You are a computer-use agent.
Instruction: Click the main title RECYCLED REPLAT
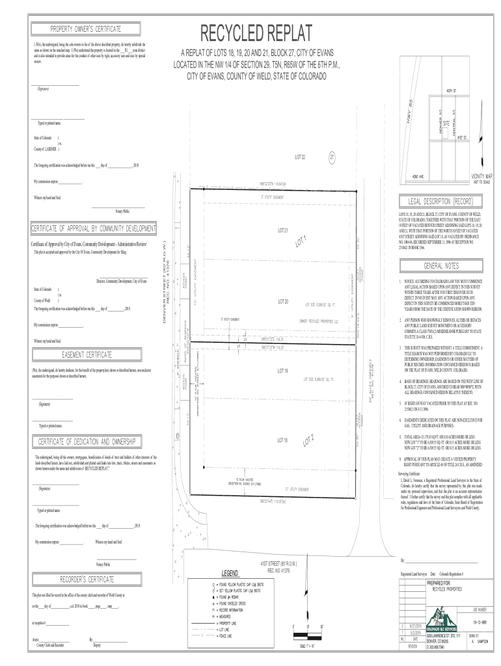tap(256, 33)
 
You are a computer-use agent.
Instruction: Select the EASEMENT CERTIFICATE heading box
tap(87, 354)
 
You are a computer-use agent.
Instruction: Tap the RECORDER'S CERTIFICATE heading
tap(87, 578)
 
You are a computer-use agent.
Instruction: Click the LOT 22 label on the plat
tap(300, 157)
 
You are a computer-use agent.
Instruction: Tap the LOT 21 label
tap(282, 230)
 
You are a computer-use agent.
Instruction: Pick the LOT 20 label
tap(282, 301)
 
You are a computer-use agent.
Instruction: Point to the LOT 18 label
tap(282, 440)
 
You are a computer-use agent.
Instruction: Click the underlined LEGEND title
tap(230, 573)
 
